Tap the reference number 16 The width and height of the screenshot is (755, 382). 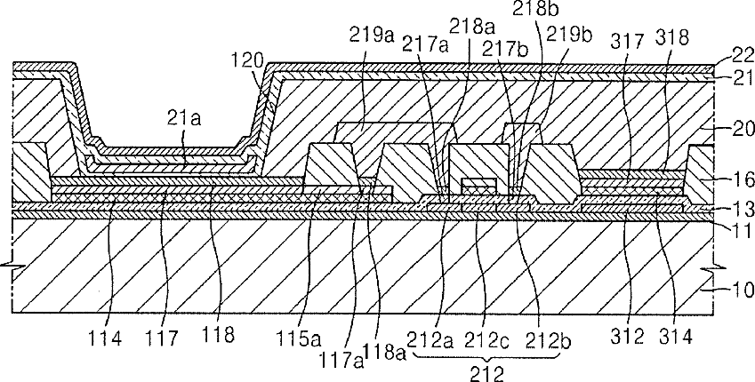point(744,180)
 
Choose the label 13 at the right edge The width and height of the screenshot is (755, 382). point(744,210)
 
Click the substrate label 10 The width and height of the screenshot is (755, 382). point(744,290)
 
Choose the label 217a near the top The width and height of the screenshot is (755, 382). point(427,45)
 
